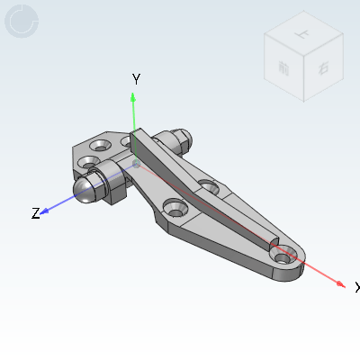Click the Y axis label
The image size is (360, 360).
point(136,79)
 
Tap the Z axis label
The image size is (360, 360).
point(36,213)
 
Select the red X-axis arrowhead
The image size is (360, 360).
point(340,284)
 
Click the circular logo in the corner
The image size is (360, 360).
point(22,22)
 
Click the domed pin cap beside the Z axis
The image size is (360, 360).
point(87,188)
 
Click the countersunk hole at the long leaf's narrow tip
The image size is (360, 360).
point(283,258)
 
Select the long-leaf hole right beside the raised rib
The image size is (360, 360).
point(208,187)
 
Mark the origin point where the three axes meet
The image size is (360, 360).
point(135,165)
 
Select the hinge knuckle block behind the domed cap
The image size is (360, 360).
point(114,180)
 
